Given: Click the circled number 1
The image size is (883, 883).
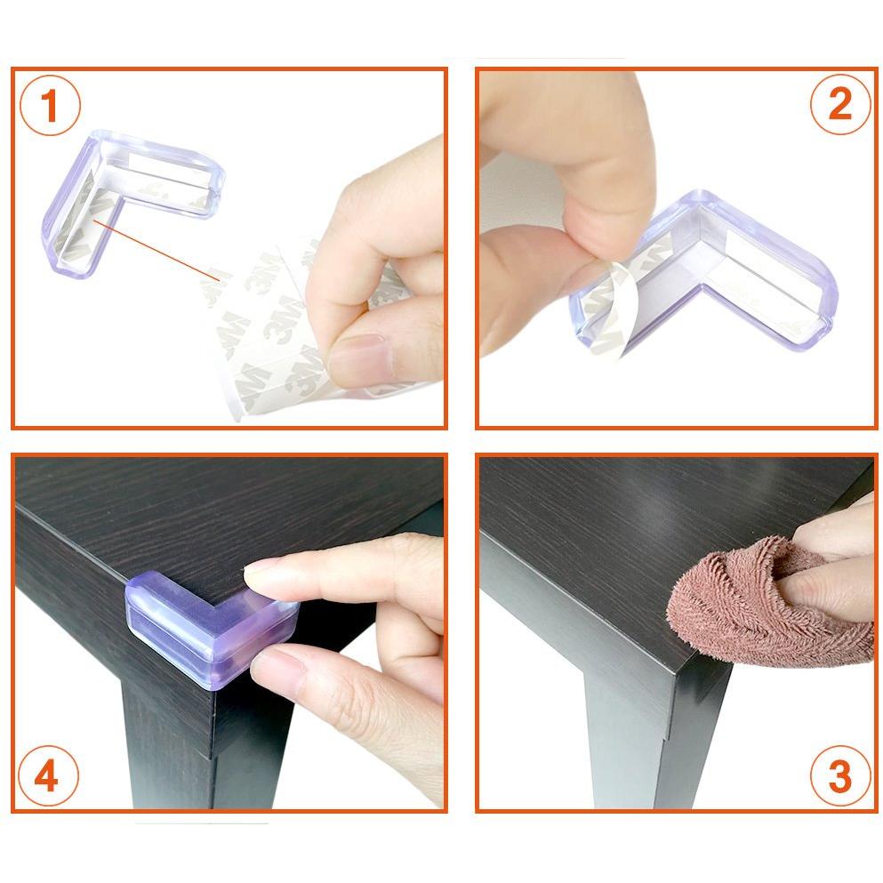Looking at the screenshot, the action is click(x=50, y=105).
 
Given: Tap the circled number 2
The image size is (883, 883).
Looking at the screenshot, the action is click(x=840, y=104).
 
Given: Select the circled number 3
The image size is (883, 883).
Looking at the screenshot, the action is click(x=840, y=776).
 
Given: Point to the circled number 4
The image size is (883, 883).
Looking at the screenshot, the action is click(x=47, y=775).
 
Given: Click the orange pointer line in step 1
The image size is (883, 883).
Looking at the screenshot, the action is click(x=156, y=250).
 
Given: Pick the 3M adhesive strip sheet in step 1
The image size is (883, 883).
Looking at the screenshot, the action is click(x=282, y=333).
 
